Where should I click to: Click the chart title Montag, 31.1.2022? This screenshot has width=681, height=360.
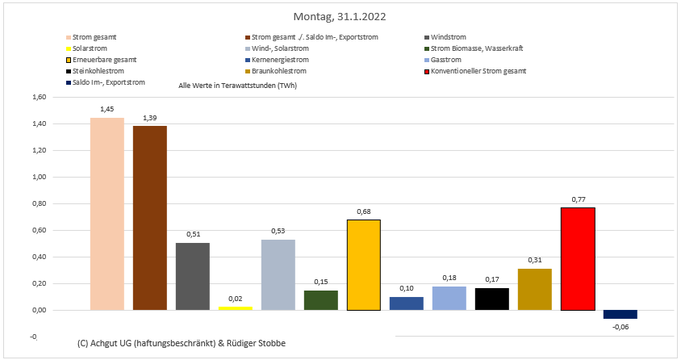[340, 16]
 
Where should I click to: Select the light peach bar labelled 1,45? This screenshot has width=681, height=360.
[107, 214]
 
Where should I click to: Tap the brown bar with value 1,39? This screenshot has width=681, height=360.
[150, 218]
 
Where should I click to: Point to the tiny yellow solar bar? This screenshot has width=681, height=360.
[236, 308]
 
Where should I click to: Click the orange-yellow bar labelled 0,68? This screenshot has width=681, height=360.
[364, 265]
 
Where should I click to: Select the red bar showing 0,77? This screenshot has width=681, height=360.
[578, 258]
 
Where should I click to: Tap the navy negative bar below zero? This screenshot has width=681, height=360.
[620, 314]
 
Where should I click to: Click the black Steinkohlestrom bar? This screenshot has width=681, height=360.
[492, 299]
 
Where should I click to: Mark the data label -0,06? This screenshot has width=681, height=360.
[620, 326]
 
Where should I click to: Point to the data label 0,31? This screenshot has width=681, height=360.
[535, 260]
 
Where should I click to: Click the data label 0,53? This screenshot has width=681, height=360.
[278, 231]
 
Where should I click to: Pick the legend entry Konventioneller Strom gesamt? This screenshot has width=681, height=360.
[478, 71]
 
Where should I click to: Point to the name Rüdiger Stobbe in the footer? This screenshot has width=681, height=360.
[257, 344]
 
